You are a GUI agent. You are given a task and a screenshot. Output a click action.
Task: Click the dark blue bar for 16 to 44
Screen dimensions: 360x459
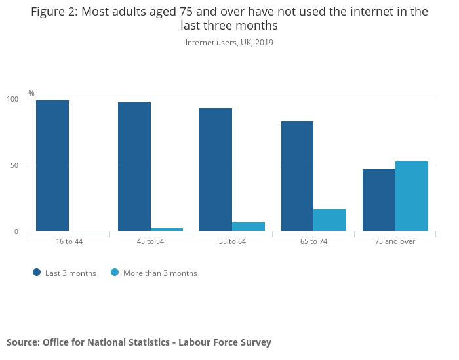tap(52, 165)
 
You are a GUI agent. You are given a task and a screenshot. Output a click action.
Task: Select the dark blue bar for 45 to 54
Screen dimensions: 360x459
tap(134, 167)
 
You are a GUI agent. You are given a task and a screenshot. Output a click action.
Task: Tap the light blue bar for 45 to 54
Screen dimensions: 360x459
tap(167, 230)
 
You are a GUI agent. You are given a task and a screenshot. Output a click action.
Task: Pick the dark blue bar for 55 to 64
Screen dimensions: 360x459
tap(216, 169)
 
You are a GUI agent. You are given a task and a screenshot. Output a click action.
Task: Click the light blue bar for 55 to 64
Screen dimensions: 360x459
tap(249, 227)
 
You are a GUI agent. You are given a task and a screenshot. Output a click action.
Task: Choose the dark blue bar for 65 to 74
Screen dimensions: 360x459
tap(297, 176)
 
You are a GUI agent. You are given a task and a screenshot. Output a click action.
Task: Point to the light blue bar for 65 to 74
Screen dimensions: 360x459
tap(330, 220)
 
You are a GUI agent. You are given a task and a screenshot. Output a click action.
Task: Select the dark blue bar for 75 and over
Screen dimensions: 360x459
tap(379, 200)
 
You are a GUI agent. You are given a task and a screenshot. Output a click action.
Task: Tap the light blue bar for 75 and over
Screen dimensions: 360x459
tap(412, 196)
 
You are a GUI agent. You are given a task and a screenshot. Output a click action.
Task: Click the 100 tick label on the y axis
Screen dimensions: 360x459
tap(13, 99)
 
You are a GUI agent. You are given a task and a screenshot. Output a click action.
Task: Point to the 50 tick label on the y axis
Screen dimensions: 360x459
tap(15, 165)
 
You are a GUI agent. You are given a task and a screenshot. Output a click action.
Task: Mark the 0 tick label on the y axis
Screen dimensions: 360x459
tap(17, 231)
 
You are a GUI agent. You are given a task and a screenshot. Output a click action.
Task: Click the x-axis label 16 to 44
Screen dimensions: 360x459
tap(69, 241)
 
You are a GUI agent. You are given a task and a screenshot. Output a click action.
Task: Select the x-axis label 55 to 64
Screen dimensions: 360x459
tap(232, 241)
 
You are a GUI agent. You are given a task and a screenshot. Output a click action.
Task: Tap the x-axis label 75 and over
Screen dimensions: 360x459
tap(395, 241)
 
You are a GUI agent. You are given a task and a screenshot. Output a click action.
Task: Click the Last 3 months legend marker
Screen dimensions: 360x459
tap(37, 273)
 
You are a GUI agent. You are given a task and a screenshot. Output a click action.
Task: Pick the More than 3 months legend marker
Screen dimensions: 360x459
tap(115, 273)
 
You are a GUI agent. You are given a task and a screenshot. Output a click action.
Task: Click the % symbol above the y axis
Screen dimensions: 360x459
tap(31, 94)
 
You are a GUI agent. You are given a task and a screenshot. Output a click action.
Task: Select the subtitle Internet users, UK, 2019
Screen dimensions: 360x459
tap(229, 43)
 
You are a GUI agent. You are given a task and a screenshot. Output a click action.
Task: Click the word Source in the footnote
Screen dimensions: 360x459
tap(22, 342)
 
